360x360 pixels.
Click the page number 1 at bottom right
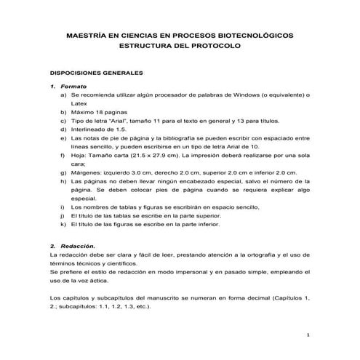click(310, 335)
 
